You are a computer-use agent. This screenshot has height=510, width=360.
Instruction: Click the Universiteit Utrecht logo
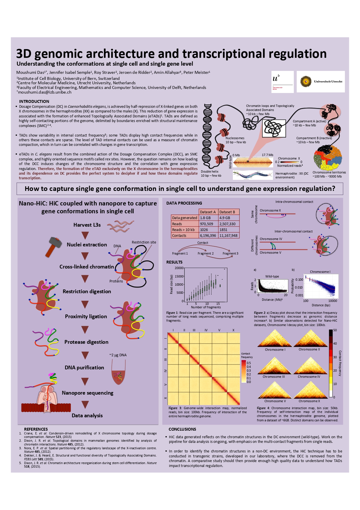[x=321, y=82]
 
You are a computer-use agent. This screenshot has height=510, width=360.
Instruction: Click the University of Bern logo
[x=282, y=82]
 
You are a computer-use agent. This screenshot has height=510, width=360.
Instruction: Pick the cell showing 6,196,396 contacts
[x=208, y=235]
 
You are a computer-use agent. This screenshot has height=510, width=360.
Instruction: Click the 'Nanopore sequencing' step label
[x=87, y=393]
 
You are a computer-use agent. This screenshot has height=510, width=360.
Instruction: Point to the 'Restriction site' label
[x=144, y=242]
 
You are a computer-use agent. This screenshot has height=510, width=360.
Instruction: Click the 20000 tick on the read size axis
[x=179, y=268]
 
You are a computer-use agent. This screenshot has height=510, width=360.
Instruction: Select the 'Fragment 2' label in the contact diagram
[x=206, y=253]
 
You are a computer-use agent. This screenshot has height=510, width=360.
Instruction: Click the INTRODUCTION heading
[x=34, y=101]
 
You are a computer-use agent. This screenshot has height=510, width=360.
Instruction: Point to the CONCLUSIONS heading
[x=182, y=429]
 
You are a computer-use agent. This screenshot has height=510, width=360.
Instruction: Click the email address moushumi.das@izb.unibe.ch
[x=44, y=92]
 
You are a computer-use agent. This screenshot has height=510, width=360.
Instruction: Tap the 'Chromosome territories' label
[x=329, y=172]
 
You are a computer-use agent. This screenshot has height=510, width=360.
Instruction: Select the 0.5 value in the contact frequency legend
[x=249, y=363]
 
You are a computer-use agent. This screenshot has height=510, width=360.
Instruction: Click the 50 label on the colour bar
[x=335, y=330]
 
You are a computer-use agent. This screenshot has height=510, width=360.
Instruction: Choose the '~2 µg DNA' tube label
[x=118, y=355]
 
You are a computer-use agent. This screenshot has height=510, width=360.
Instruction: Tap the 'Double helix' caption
[x=210, y=171]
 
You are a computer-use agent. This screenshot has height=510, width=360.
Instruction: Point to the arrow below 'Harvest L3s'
[x=85, y=235]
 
